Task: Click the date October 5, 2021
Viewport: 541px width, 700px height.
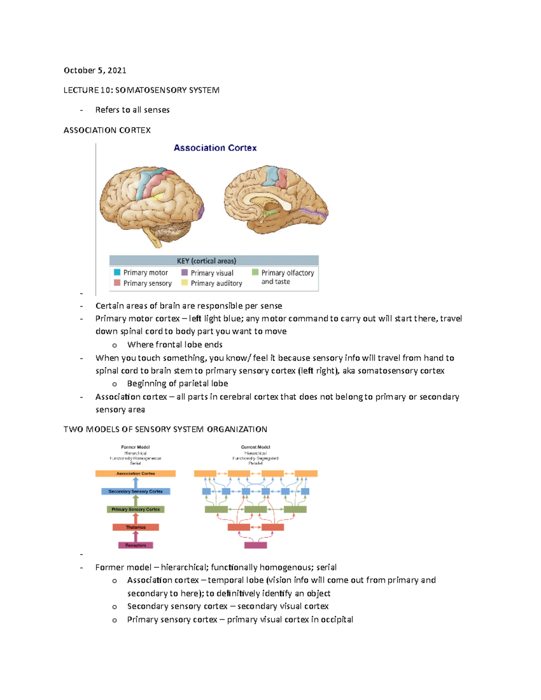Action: click(x=95, y=70)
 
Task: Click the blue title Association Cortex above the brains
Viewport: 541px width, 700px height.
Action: click(x=215, y=148)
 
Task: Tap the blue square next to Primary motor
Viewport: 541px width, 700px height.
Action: click(x=117, y=272)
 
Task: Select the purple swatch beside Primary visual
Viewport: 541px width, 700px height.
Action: click(x=184, y=272)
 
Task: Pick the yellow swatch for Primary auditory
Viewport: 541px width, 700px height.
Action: click(x=184, y=283)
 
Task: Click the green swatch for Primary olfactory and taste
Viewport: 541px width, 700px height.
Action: click(x=255, y=272)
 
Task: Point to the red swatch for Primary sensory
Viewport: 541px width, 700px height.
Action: click(x=117, y=283)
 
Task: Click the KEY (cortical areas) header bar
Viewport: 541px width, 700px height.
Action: click(x=214, y=261)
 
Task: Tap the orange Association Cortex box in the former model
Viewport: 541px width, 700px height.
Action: click(x=135, y=474)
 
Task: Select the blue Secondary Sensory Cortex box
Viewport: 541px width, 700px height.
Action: click(x=135, y=491)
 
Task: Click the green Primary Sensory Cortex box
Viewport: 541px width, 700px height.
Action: click(x=135, y=509)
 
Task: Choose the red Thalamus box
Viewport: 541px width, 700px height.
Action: click(x=135, y=527)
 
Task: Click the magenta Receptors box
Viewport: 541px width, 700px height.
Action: click(x=135, y=545)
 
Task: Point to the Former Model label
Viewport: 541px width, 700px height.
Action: click(x=135, y=447)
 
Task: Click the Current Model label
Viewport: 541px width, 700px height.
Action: click(x=255, y=447)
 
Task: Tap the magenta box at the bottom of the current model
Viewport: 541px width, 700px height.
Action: click(x=255, y=545)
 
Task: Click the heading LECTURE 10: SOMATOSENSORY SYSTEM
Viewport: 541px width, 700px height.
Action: click(x=141, y=90)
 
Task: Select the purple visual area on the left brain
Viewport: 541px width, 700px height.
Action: click(x=201, y=210)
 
